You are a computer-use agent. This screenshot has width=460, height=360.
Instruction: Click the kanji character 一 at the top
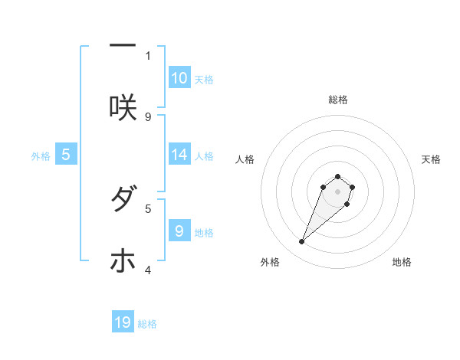point(123,46)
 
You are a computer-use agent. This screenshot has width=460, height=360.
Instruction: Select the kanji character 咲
point(123,107)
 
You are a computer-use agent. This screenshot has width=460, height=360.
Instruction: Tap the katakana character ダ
point(123,200)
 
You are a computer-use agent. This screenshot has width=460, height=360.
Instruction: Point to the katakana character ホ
point(123,261)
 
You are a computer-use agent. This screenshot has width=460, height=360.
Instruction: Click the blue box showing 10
point(179,78)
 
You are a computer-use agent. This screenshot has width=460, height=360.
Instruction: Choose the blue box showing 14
point(179,155)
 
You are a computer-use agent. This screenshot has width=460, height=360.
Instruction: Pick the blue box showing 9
point(179,231)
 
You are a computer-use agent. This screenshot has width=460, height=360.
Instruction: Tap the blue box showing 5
point(66,155)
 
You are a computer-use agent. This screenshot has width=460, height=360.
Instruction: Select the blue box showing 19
point(123,322)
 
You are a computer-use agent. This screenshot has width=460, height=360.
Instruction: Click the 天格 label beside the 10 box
point(204,80)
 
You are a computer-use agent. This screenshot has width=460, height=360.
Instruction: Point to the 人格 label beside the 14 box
point(204,156)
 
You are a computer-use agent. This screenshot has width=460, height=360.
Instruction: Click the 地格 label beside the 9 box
point(204,233)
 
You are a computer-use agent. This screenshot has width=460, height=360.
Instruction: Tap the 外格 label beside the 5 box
point(41,156)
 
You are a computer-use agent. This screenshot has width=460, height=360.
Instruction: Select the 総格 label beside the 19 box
point(147,324)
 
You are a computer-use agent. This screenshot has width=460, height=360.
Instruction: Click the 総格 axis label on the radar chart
point(337,100)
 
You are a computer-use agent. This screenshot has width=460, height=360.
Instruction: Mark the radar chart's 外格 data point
point(302,242)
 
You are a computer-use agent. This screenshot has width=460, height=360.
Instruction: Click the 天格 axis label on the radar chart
point(431,159)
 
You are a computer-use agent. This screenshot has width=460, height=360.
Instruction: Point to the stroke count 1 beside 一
point(148,55)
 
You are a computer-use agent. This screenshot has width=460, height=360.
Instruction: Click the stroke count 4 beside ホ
point(148,270)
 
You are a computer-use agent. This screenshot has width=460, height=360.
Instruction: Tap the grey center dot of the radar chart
point(337,191)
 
